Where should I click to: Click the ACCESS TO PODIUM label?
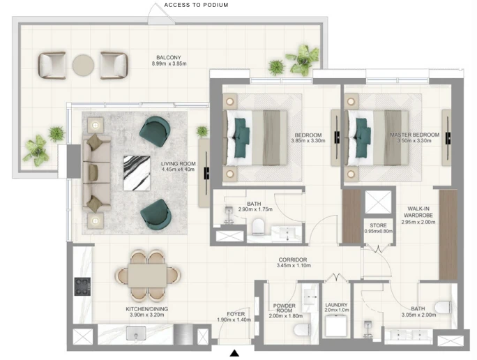[196, 5]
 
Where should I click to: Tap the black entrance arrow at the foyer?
[234, 353]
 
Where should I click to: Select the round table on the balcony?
[83, 66]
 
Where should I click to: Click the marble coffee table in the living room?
[137, 173]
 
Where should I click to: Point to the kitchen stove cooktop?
[82, 286]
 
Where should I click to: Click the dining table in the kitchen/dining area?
[147, 276]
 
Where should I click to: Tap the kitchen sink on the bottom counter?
[136, 333]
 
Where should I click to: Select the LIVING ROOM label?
[179, 164]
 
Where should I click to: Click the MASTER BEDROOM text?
[415, 135]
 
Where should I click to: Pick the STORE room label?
[378, 225]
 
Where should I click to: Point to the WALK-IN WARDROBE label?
[418, 212]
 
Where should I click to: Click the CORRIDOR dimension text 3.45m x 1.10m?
[294, 266]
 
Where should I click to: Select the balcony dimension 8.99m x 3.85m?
[169, 63]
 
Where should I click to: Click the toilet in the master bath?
[443, 307]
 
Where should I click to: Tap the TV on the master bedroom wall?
[448, 138]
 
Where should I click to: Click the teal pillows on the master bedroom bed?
[362, 138]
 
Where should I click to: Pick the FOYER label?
[236, 314]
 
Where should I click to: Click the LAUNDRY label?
[336, 305]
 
